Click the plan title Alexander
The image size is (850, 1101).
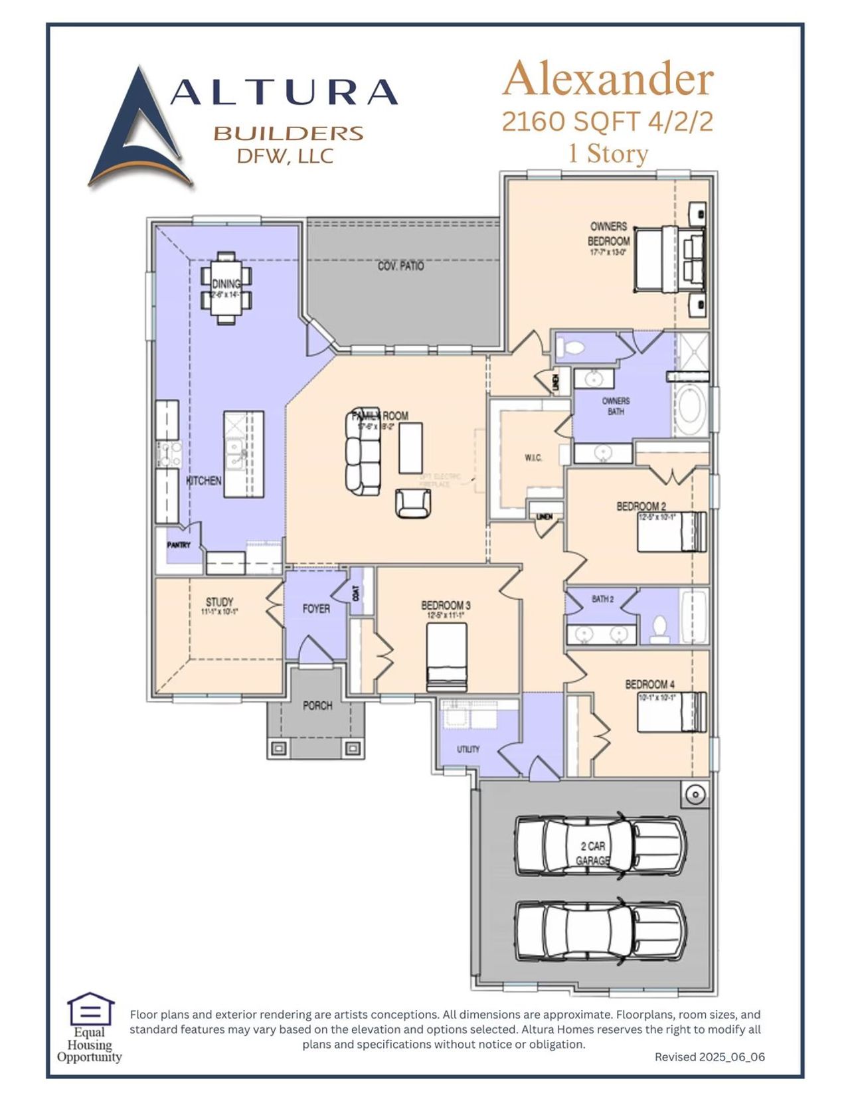pos(608,79)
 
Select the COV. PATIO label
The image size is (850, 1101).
pos(400,266)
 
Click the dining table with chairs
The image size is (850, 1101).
pos(226,288)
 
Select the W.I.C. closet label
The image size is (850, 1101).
pos(533,458)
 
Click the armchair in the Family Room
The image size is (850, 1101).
pos(412,503)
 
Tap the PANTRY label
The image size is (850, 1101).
pos(179,545)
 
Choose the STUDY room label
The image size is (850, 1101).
pos(219,602)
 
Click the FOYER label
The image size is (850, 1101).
pos(316,608)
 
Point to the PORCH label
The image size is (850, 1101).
pos(317,705)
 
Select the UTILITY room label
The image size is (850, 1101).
pos(467,749)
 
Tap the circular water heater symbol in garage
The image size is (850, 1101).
pos(695,794)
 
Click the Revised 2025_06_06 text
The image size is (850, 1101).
pos(709,1057)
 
